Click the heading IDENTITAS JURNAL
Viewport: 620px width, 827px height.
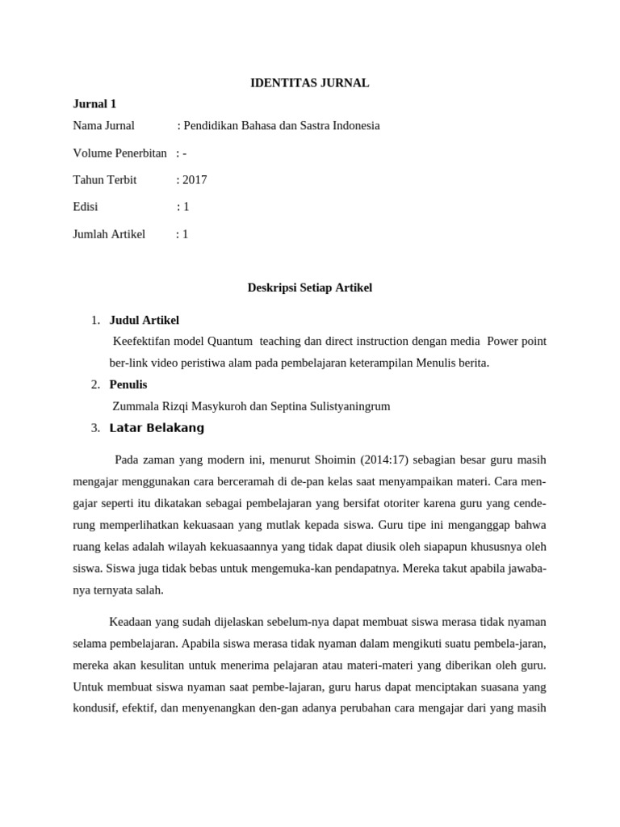[309, 82]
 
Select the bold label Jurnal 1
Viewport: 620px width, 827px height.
[94, 103]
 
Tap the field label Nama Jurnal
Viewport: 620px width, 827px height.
[103, 125]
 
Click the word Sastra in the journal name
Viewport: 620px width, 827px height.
[295, 125]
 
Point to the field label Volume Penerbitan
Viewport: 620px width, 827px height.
[119, 153]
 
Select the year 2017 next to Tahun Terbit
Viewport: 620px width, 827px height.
[195, 180]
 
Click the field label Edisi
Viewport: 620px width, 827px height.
[85, 207]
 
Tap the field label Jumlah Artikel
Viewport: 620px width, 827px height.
[109, 234]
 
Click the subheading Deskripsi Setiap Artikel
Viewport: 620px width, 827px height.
[309, 288]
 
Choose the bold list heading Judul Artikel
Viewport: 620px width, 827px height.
[144, 320]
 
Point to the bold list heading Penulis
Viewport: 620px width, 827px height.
[128, 384]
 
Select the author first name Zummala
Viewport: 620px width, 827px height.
[134, 406]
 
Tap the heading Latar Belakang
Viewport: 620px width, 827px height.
[157, 428]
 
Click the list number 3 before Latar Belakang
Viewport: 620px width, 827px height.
[95, 428]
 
